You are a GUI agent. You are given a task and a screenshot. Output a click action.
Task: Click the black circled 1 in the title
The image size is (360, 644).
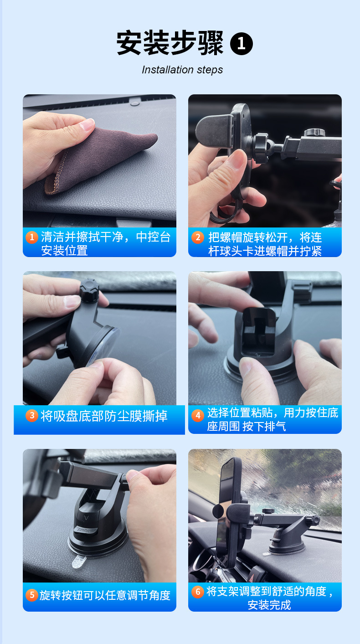(x=242, y=44)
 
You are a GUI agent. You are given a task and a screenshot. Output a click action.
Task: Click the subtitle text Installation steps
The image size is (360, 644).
(x=182, y=70)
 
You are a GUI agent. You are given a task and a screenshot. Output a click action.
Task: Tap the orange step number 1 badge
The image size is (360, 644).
(x=31, y=237)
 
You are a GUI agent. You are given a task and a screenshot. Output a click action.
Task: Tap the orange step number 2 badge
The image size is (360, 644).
(x=197, y=237)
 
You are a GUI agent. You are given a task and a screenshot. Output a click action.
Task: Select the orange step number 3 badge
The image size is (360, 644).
(x=31, y=415)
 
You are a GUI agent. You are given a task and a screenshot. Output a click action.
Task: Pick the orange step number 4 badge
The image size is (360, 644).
(x=197, y=415)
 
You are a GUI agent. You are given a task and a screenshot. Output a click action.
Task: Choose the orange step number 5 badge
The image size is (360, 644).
(x=31, y=595)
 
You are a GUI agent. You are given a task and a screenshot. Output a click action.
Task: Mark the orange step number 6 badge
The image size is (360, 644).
(x=197, y=592)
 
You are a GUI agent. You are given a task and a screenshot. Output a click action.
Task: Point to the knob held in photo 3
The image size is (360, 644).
(x=89, y=289)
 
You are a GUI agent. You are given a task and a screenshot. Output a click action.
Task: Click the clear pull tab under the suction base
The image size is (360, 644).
(x=82, y=561)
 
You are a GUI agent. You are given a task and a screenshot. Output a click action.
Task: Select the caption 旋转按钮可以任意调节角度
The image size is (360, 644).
(x=105, y=595)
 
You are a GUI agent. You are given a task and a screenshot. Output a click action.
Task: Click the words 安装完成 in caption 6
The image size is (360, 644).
(x=269, y=605)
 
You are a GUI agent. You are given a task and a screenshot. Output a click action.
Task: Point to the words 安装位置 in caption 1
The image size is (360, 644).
(x=65, y=251)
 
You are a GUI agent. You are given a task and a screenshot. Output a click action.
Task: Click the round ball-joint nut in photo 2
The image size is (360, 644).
(x=261, y=148)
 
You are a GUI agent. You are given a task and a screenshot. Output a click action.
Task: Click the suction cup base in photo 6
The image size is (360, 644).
(x=287, y=544)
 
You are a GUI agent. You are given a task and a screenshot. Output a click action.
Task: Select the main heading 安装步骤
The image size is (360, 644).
(x=170, y=44)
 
